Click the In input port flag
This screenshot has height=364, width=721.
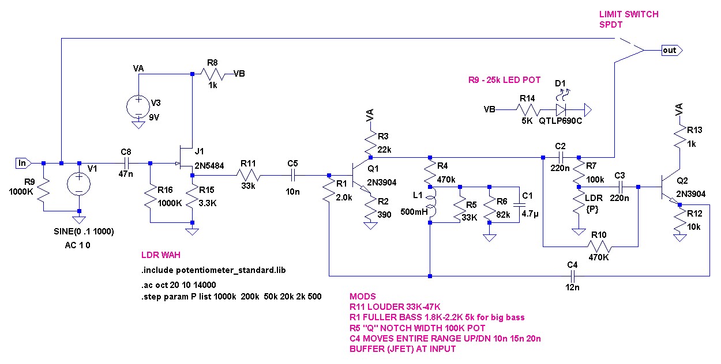pyautogui.click(x=24, y=163)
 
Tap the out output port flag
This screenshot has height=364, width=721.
pyautogui.click(x=672, y=51)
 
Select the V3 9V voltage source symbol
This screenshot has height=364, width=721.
pyautogui.click(x=138, y=107)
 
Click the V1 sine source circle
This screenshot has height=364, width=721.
pyautogui.click(x=79, y=184)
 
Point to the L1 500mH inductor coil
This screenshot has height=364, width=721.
pyautogui.click(x=432, y=204)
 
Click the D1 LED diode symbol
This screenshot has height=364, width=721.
pyautogui.click(x=561, y=110)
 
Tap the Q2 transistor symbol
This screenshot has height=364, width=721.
pyautogui.click(x=670, y=188)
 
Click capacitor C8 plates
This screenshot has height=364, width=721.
pyautogui.click(x=126, y=163)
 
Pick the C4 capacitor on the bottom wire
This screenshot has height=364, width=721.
pyautogui.click(x=572, y=276)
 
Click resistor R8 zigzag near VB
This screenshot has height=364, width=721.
pyautogui.click(x=212, y=74)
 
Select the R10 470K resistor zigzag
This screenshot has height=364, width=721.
pyautogui.click(x=599, y=247)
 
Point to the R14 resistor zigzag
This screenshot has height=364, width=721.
pyautogui.click(x=528, y=110)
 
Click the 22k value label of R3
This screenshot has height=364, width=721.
pyautogui.click(x=384, y=150)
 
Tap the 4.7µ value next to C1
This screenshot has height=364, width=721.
pyautogui.click(x=530, y=213)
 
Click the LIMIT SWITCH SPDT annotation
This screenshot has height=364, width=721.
pyautogui.click(x=629, y=19)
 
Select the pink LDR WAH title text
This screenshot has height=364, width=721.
pyautogui.click(x=160, y=255)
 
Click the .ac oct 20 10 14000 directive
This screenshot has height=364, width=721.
pyautogui.click(x=178, y=285)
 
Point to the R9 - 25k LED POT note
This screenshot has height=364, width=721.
pyautogui.click(x=504, y=80)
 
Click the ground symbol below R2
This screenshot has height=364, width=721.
pyautogui.click(x=370, y=226)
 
